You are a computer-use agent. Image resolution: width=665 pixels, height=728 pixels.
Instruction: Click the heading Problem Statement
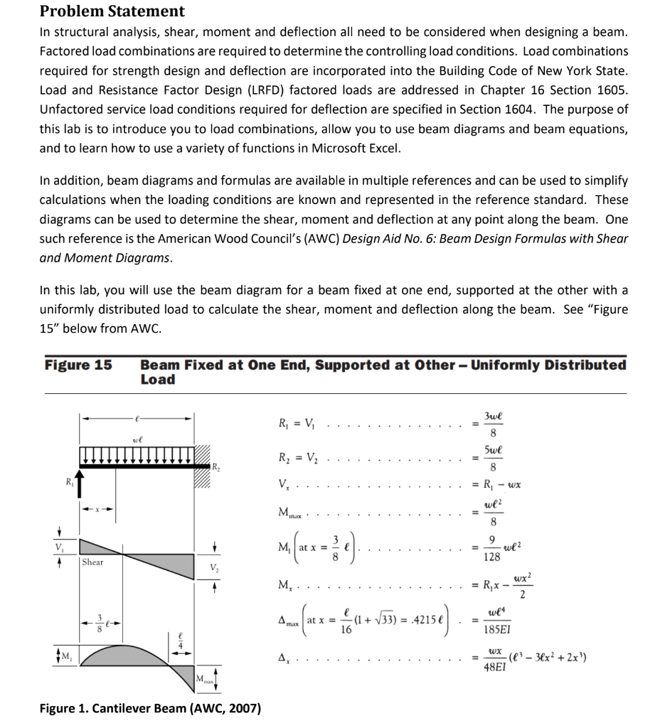(x=112, y=11)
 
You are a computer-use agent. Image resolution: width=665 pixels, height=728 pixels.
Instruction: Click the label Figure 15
(x=78, y=365)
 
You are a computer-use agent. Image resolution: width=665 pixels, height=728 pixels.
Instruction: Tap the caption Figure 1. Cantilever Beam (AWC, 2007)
(x=150, y=708)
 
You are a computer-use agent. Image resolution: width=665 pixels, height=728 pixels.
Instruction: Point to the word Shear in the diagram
(x=92, y=562)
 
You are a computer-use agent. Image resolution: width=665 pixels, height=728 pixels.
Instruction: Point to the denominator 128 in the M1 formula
(x=491, y=558)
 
